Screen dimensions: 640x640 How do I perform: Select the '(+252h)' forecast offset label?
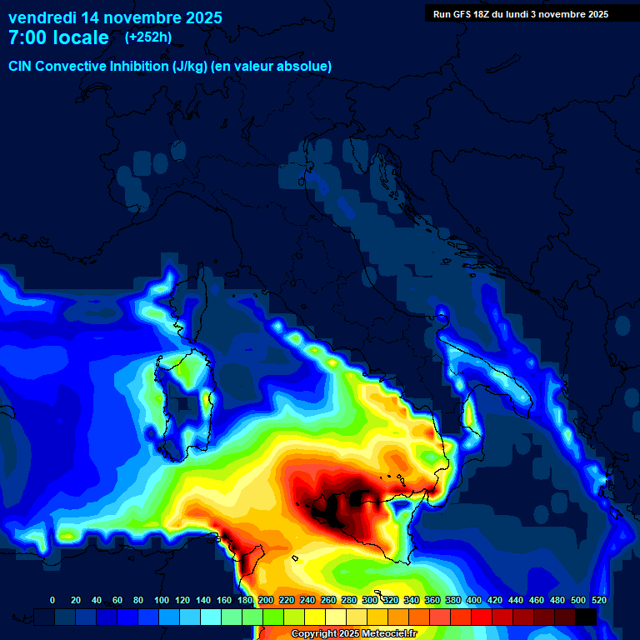pos(148,37)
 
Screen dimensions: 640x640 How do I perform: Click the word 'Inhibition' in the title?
pos(138,66)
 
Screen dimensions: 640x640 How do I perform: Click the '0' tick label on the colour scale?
pos(52,600)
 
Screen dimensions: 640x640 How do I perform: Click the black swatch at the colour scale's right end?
pos(586,617)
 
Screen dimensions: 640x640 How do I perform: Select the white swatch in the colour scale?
pos(336,617)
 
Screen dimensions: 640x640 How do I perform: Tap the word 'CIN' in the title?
pos(20,66)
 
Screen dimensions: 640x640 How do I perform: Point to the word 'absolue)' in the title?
pos(306,66)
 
